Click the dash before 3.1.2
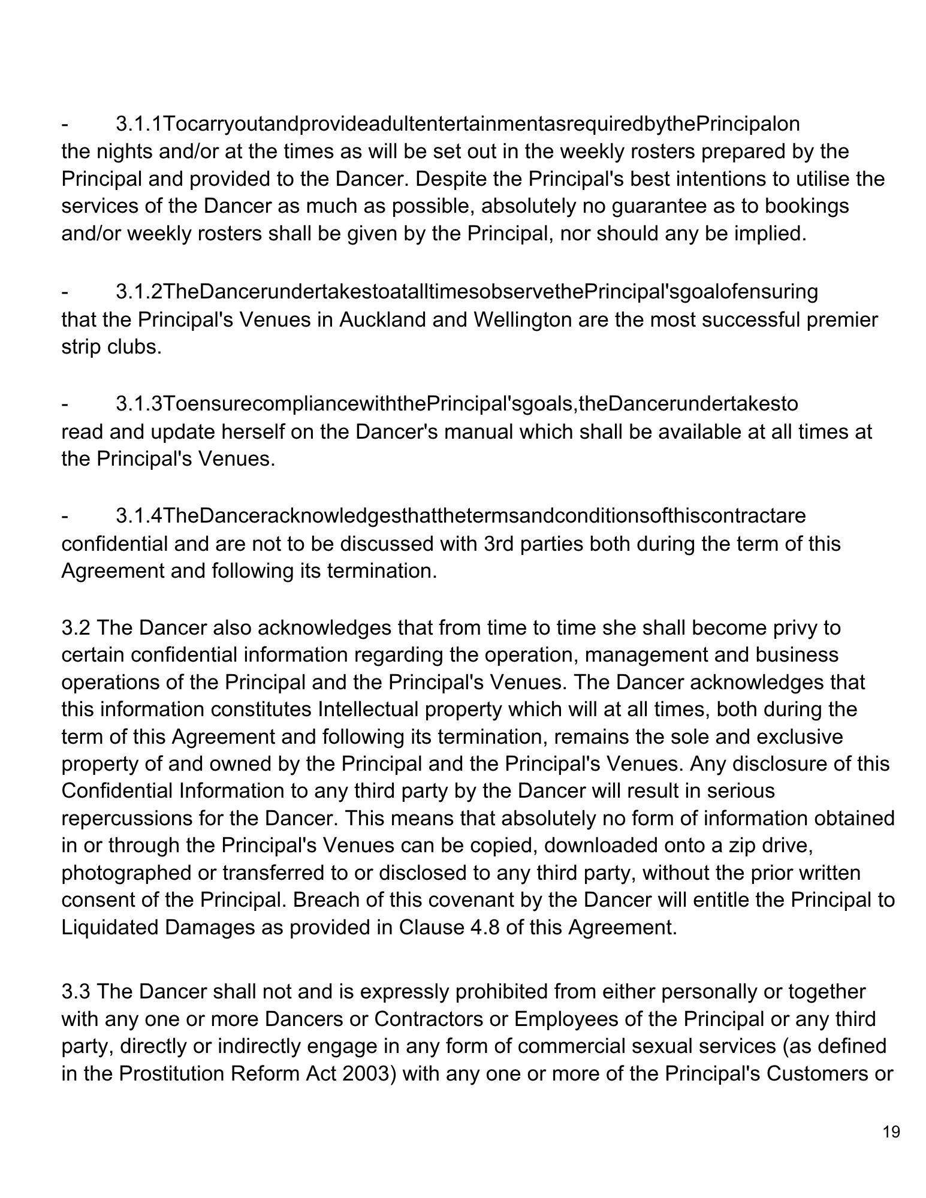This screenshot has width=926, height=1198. point(65,292)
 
